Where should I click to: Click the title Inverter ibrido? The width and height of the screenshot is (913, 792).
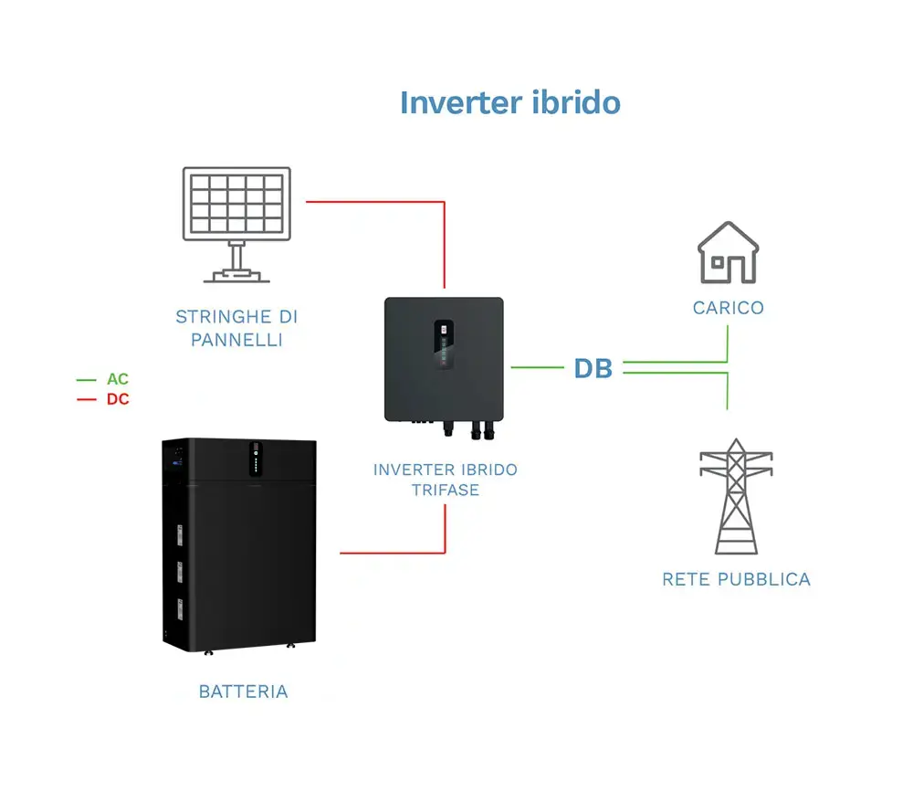point(509,101)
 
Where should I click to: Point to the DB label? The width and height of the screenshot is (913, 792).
point(593,368)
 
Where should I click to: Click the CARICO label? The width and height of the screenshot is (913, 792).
point(728,308)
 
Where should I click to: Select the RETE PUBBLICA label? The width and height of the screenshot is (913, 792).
point(736,579)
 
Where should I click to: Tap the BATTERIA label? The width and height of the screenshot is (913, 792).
point(243,692)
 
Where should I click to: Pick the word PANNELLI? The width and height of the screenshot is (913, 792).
point(236,340)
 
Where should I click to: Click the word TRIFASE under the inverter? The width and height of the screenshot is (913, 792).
point(445,490)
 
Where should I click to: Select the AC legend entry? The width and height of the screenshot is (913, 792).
point(117,379)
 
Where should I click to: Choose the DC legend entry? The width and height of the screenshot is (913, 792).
point(117,399)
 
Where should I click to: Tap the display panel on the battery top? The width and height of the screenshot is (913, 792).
point(257,459)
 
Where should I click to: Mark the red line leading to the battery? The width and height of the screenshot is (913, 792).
point(393,553)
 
